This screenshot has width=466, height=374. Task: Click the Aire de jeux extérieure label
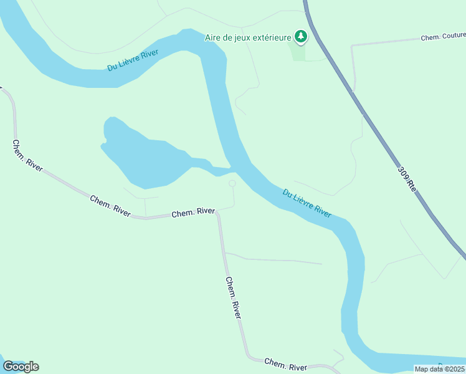click(x=249, y=37)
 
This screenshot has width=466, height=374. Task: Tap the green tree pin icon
click(x=301, y=37)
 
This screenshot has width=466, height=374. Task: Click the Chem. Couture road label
click(x=443, y=37)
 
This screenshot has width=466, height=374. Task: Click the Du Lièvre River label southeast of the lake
click(x=307, y=203)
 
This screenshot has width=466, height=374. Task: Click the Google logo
click(x=21, y=367)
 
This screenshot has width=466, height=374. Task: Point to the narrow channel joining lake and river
click(x=215, y=168)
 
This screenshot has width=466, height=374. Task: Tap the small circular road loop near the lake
click(x=232, y=183)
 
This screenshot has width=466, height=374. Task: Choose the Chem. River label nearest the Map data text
click(x=285, y=364)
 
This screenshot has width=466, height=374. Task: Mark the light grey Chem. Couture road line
click(x=386, y=43)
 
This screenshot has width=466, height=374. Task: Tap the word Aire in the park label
click(x=214, y=37)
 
